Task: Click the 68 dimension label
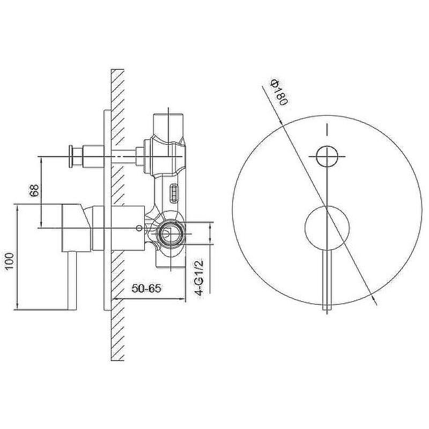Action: [x=34, y=190]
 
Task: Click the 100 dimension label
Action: [x=10, y=261]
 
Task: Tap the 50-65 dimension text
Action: [x=146, y=289]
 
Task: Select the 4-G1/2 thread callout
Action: [x=199, y=277]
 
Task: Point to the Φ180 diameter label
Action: [x=279, y=92]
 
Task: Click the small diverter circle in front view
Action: [x=327, y=157]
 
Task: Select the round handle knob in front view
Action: [x=327, y=227]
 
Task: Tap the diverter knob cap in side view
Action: [x=71, y=156]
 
